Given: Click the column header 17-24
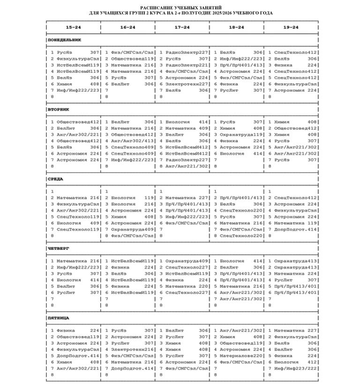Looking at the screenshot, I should (x=182, y=27).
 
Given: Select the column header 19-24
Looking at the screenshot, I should (x=291, y=27).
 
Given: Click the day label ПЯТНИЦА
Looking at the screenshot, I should (x=58, y=318).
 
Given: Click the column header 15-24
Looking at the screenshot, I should (x=73, y=27).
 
